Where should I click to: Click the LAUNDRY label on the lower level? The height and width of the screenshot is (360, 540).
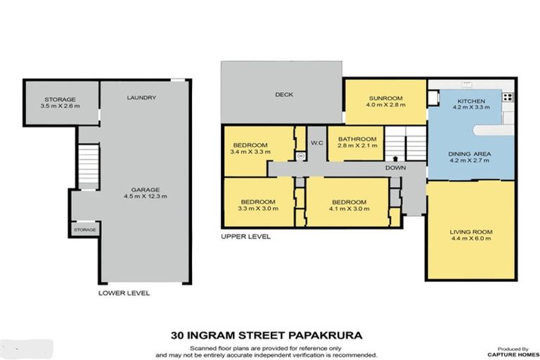[143, 98]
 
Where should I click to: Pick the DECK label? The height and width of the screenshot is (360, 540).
[284, 95]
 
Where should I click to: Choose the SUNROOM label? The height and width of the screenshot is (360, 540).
[385, 98]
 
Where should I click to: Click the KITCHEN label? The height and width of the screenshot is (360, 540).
[469, 102]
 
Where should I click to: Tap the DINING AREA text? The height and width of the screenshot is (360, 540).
[469, 153]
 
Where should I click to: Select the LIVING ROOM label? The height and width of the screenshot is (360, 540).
[471, 231]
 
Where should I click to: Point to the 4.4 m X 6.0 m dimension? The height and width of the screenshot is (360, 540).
[471, 239]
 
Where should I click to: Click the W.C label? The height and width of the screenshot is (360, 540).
[316, 143]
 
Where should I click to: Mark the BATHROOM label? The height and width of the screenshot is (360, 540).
[357, 139]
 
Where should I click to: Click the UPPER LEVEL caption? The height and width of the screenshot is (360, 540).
[245, 237]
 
